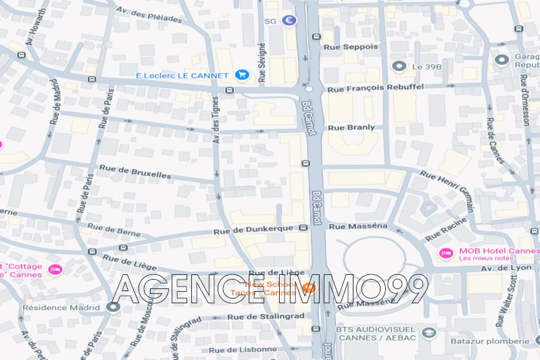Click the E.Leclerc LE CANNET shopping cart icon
point(241,75)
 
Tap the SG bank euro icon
point(289,21)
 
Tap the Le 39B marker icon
point(399,66)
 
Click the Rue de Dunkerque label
point(253,229)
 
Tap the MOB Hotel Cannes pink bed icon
point(445,253)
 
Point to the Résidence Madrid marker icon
point(113,307)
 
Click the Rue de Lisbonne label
point(243,350)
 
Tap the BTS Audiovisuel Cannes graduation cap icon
point(427,332)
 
